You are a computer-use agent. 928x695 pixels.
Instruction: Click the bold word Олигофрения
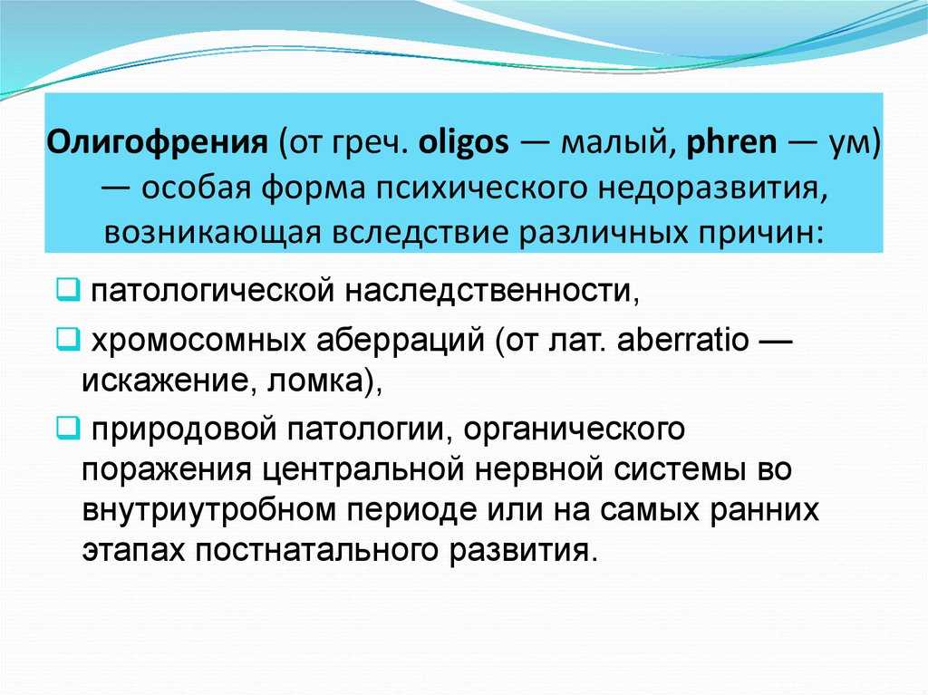tap(157, 143)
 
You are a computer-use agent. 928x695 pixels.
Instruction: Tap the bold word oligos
tap(463, 143)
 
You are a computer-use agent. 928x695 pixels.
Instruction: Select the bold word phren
tap(731, 143)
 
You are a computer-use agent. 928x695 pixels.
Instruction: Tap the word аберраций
tap(400, 341)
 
